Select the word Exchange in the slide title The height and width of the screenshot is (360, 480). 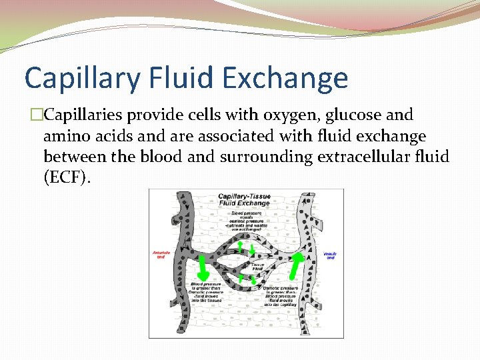coord(285,78)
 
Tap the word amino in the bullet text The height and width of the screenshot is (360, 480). coord(63,137)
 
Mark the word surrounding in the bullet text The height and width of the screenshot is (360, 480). coord(271,157)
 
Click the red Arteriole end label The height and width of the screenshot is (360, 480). coord(161,255)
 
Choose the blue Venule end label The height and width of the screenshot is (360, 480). coord(329,255)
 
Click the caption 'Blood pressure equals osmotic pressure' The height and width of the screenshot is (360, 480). coord(248,219)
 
